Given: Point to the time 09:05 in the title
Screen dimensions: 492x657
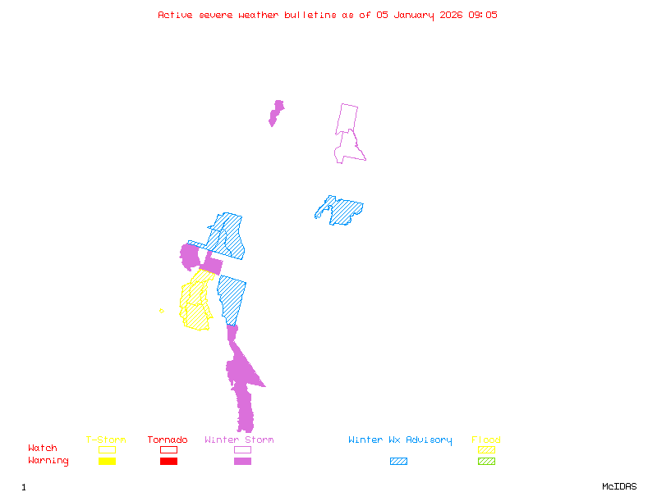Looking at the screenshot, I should (x=483, y=15).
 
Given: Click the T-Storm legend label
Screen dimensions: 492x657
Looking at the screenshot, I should (x=106, y=440).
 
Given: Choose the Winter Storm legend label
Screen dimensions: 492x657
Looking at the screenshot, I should (x=239, y=440).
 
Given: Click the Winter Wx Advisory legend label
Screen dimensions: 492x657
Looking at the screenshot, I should (x=400, y=440).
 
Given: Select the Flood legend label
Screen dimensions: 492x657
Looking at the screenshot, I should (x=486, y=440).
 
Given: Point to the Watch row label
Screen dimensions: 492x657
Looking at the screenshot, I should (x=43, y=449).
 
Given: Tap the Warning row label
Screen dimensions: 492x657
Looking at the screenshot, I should (x=48, y=461).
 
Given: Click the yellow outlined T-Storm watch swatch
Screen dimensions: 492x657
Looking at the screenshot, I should (x=107, y=449).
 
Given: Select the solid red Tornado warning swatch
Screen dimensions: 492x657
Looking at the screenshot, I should (x=168, y=461).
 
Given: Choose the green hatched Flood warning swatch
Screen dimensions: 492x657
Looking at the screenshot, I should (x=486, y=461).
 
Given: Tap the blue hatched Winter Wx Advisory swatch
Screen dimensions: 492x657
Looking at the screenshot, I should (x=398, y=461).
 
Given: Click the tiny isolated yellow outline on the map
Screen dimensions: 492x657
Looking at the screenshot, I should (x=162, y=310).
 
